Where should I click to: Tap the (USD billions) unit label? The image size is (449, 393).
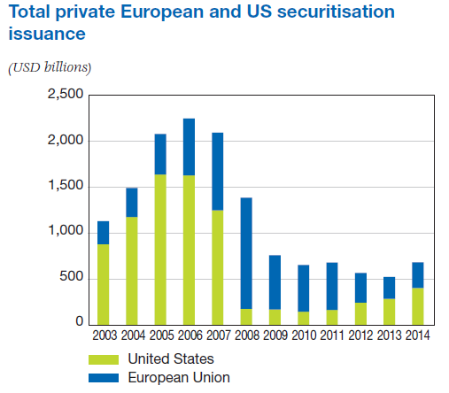(50, 68)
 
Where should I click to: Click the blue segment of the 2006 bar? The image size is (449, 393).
(189, 147)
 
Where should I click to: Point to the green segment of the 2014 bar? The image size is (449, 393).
(416, 306)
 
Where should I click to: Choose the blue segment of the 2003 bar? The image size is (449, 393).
(104, 233)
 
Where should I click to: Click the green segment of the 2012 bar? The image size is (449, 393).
(360, 313)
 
